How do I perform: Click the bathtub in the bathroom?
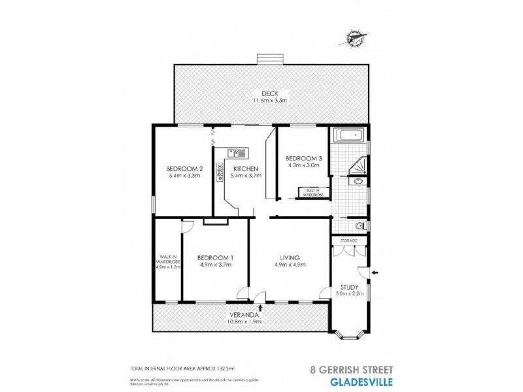pyautogui.click(x=350, y=137)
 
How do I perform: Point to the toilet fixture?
pyautogui.click(x=359, y=226)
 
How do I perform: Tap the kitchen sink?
pyautogui.click(x=237, y=153)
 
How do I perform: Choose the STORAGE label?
pyautogui.click(x=348, y=240)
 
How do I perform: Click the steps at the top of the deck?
pyautogui.click(x=270, y=59)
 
